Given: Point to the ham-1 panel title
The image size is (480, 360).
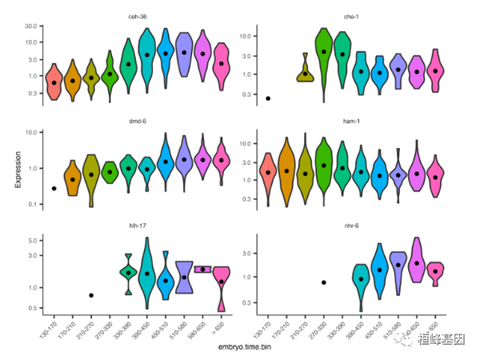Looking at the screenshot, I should pos(353,121).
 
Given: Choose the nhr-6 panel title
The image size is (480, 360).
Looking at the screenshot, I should pos(353,226).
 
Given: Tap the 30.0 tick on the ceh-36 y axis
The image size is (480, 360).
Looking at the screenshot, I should pos(30,26).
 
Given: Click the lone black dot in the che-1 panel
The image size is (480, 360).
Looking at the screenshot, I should pos(267,98).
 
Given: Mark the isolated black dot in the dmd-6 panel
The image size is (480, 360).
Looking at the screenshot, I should pos(54,189).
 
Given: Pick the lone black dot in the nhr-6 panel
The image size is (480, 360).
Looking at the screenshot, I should pos(323,282).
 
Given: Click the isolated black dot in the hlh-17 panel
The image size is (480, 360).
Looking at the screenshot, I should pos(91,295).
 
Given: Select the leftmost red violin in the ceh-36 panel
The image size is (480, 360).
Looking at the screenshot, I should pos(54,82).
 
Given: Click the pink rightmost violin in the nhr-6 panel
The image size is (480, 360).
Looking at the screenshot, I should pos(434,273).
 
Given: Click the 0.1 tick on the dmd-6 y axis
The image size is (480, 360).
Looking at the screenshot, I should pos(32,206).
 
